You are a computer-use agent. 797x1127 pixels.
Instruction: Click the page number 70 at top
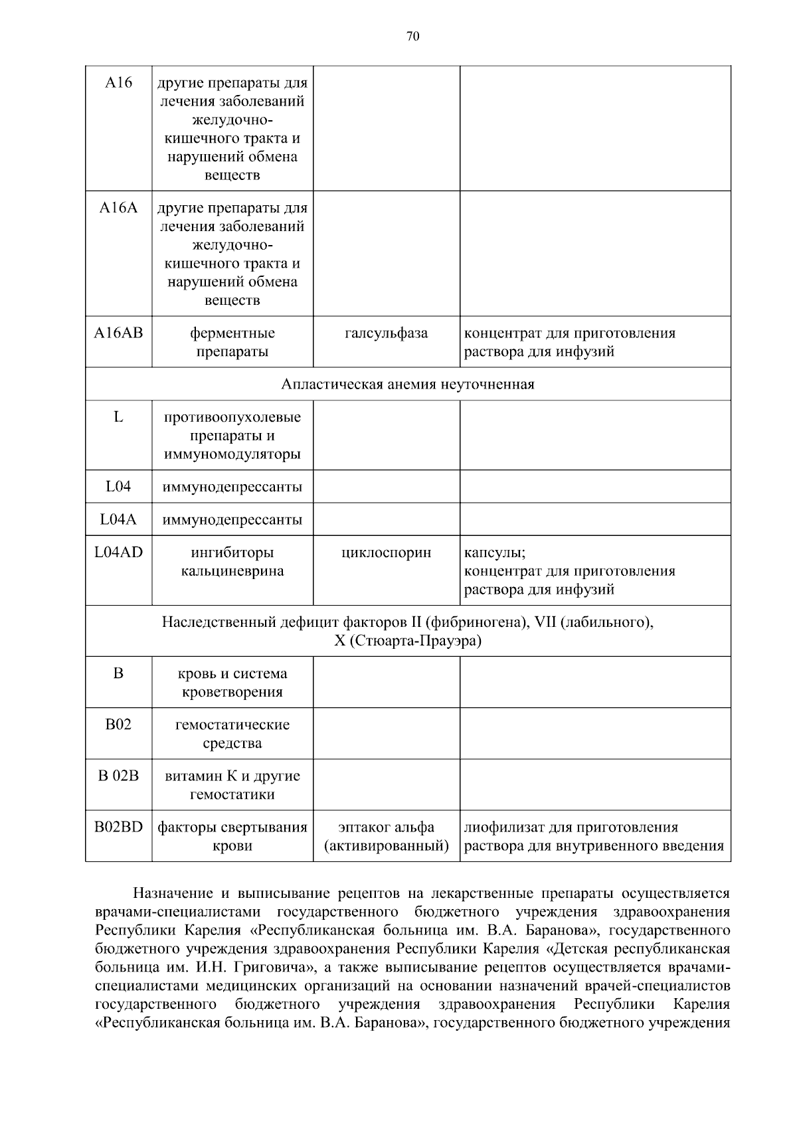pos(412,37)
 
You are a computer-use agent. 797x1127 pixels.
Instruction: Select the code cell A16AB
pos(118,333)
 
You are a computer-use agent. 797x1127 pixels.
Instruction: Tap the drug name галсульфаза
pos(386,333)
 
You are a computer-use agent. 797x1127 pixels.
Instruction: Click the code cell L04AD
pos(118,553)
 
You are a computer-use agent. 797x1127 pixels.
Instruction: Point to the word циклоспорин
pos(386,553)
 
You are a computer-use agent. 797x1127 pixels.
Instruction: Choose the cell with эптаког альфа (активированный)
pos(386,836)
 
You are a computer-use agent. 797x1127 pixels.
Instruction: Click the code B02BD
pos(118,827)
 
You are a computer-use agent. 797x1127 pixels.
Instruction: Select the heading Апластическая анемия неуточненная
pos(407,385)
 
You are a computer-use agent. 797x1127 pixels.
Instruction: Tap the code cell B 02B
pos(118,776)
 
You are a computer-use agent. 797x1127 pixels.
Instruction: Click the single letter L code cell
pos(118,417)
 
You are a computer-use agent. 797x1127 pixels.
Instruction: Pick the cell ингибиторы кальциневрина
pos(232,562)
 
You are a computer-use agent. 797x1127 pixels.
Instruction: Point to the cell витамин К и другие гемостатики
pos(232,785)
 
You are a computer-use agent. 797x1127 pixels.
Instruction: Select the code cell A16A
pos(118,208)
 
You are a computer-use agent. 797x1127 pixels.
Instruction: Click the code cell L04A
pos(118,519)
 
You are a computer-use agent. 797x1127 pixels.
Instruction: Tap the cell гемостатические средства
pos(232,733)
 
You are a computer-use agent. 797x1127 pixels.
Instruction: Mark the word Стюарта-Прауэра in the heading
pos(418,641)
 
